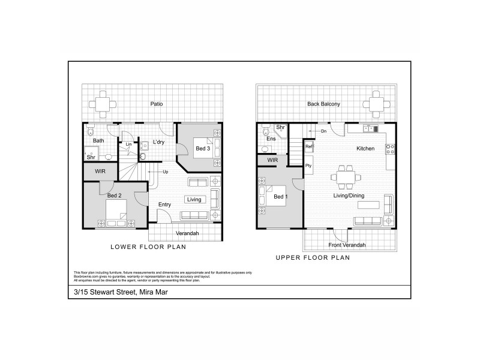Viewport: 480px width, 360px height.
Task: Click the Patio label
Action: [x=156, y=104]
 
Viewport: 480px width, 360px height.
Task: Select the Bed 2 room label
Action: [x=115, y=196]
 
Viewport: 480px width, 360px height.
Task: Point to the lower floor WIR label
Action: [x=100, y=171]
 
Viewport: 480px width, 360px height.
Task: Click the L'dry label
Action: [x=158, y=142]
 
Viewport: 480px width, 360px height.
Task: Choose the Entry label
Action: [x=164, y=205]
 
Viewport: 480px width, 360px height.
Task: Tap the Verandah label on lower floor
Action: [x=187, y=233]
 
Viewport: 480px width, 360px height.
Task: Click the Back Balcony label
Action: [x=323, y=104]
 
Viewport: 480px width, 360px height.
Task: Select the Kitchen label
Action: [x=365, y=148]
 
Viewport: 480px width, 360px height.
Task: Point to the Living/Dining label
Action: [x=350, y=195]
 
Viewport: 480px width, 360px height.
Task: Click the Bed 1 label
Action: [x=280, y=196]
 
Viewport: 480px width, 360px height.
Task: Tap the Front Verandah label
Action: [x=347, y=245]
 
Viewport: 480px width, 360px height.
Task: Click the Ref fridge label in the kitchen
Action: [x=308, y=146]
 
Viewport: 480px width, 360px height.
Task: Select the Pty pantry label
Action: [x=308, y=165]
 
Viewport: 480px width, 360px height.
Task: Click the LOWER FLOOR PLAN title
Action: [x=148, y=247]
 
